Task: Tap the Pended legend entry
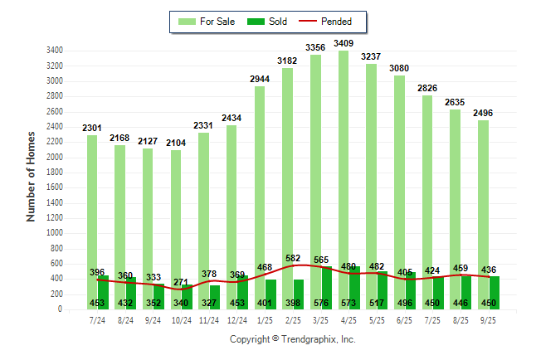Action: [x=324, y=22]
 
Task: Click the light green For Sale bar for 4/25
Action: [x=342, y=166]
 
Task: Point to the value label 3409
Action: [x=343, y=42]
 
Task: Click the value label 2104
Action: [x=175, y=143]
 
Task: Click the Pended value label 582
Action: [x=292, y=259]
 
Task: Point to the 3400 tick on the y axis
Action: [x=56, y=51]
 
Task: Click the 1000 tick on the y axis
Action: [x=56, y=233]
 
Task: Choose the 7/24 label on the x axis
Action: [x=97, y=320]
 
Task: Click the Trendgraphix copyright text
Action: [x=292, y=339]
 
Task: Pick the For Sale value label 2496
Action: [x=482, y=113]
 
